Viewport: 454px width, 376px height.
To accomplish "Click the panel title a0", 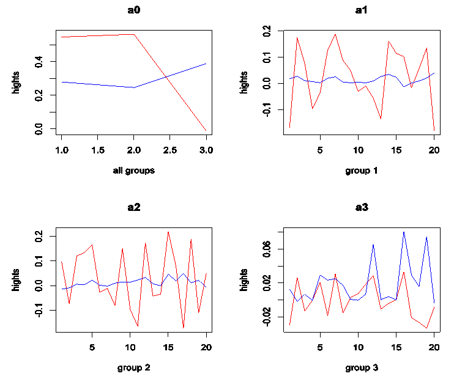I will click(134, 10).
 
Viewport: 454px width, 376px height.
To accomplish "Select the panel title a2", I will click(134, 207).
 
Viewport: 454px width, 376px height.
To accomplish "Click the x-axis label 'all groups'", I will click(134, 171).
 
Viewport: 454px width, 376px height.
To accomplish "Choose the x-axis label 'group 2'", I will click(134, 367).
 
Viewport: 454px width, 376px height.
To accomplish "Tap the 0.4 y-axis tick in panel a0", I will click(39, 61).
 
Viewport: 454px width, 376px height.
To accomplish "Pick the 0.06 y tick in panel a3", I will click(266, 249).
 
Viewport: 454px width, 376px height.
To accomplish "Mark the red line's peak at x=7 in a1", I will click(335, 34).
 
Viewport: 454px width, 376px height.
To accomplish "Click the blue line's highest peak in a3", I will click(404, 232).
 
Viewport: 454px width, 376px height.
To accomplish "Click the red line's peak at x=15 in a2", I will click(168, 232).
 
